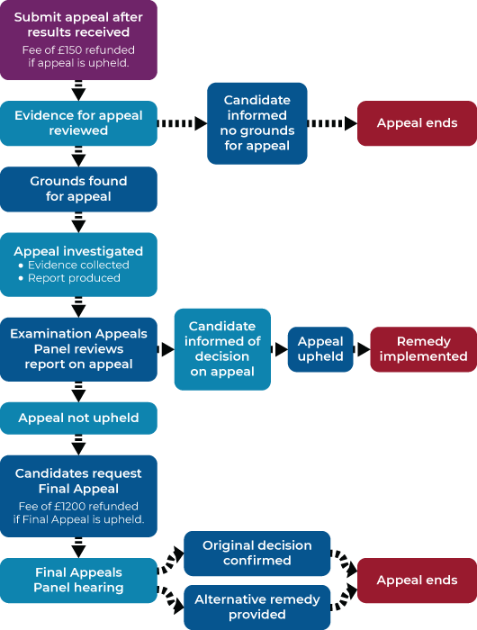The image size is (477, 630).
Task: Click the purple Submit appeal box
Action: click(78, 40)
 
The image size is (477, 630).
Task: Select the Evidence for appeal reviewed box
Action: click(78, 123)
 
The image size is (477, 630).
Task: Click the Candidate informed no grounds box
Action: click(256, 123)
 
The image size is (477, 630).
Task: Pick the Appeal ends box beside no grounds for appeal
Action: click(417, 123)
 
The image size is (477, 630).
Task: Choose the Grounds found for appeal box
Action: click(78, 189)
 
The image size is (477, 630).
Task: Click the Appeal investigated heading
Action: click(78, 251)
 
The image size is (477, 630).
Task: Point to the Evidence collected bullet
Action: click(78, 265)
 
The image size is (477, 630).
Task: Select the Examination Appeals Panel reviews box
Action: click(78, 349)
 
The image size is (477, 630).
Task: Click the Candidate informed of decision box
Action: click(222, 349)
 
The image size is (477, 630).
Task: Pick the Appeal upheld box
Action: click(320, 349)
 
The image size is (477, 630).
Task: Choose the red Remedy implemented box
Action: click(423, 349)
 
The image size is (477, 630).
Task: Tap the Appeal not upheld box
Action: click(78, 418)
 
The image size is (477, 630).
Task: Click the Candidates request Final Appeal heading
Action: click(78, 481)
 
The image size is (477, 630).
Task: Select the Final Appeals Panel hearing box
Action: click(78, 580)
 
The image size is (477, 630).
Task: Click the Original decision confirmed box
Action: click(256, 553)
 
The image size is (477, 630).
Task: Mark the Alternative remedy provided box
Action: click(256, 607)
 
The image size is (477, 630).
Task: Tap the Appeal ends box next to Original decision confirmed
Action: click(417, 580)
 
